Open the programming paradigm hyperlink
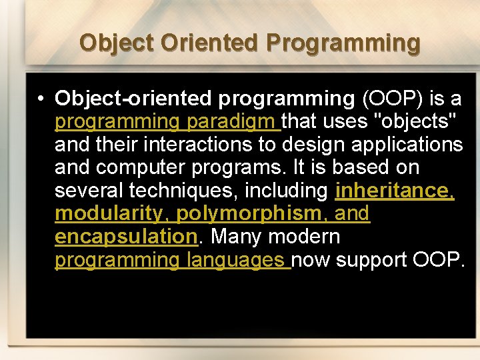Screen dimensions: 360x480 pyautogui.click(x=167, y=122)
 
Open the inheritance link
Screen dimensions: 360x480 pyautogui.click(x=394, y=191)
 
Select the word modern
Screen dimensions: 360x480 pyautogui.click(x=306, y=237)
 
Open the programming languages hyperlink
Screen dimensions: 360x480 pyautogui.click(x=171, y=260)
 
